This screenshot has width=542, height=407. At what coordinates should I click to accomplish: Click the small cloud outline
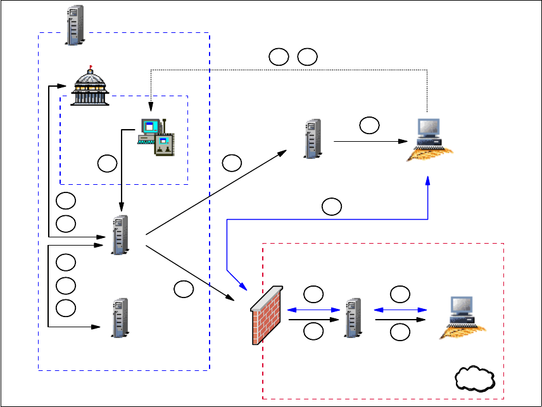pos(474,380)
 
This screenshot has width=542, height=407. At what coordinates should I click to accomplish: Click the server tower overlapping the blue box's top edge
pos(75,25)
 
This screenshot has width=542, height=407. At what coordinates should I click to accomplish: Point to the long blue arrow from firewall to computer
pos(329,219)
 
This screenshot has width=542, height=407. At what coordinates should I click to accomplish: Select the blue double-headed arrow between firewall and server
pos(315,310)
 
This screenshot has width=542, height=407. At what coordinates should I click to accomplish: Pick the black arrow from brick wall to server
pos(315,320)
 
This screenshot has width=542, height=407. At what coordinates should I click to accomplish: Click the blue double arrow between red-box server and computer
pos(400,310)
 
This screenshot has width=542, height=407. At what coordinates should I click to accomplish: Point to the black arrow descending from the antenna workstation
pos(121,171)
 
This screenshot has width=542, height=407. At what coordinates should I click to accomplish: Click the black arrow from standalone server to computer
pos(367,141)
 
